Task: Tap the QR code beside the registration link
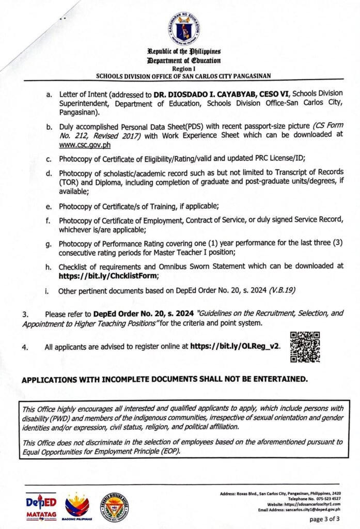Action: tap(305, 346)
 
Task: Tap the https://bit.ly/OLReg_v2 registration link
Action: tap(236, 347)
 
